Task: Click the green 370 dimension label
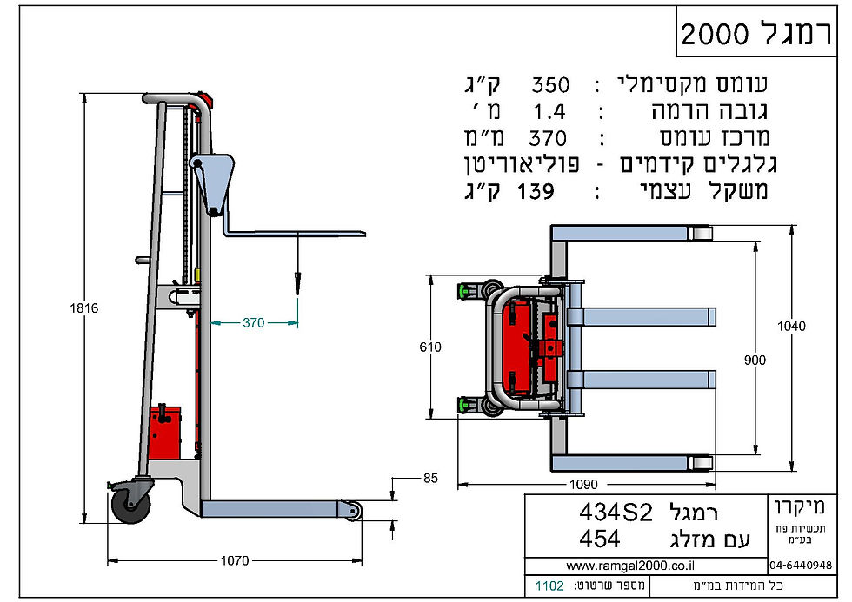click(253, 323)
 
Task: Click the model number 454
click(599, 539)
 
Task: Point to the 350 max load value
click(549, 85)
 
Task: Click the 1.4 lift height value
click(548, 111)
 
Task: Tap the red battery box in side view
click(164, 431)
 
